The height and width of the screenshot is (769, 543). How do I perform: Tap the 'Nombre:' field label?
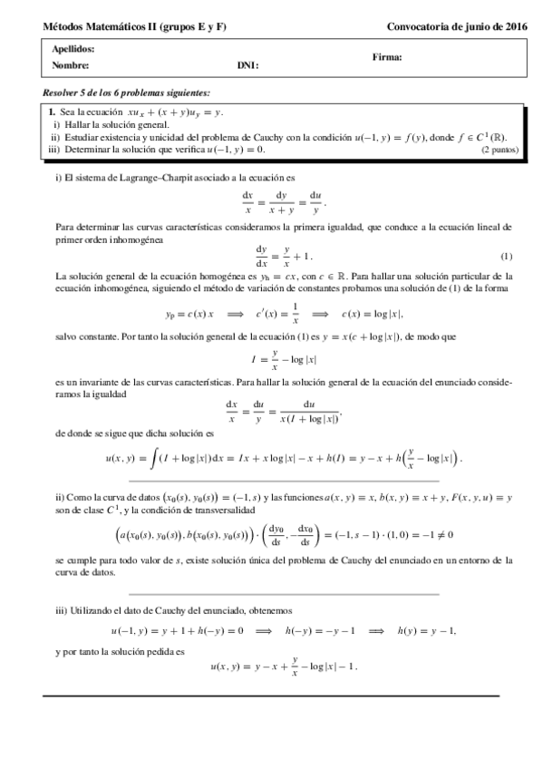71,65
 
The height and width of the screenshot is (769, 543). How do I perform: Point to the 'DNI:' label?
247,65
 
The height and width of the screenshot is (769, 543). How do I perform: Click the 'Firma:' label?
387,57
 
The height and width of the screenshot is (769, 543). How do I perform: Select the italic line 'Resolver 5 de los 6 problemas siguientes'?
126,93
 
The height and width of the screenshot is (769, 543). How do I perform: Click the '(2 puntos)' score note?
499,149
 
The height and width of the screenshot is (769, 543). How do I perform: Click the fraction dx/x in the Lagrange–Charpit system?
247,200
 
